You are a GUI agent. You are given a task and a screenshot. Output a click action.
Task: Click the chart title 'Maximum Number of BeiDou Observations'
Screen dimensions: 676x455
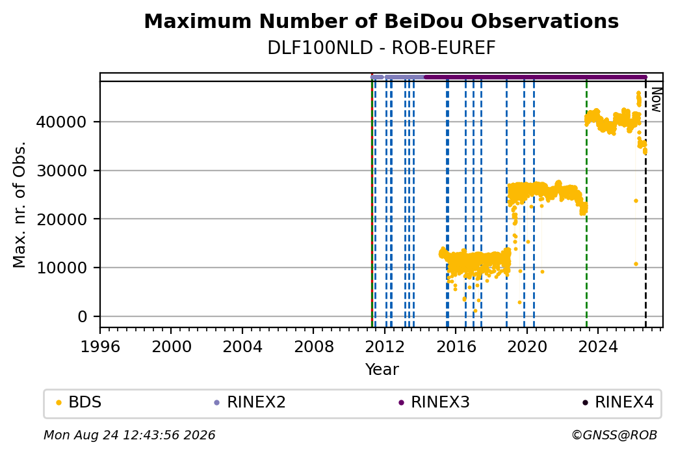point(381,21)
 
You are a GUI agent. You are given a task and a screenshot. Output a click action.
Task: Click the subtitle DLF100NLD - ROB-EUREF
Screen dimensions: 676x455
point(381,48)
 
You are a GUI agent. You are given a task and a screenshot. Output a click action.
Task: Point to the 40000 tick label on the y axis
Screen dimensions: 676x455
point(61,122)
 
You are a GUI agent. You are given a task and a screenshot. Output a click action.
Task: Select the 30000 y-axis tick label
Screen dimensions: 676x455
point(61,171)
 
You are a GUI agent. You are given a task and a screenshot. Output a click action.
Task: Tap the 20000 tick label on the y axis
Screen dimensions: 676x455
point(61,219)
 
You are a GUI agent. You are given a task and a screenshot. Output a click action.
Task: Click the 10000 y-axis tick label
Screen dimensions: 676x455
point(61,268)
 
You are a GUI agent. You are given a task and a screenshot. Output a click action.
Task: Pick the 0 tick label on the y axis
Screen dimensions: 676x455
point(83,317)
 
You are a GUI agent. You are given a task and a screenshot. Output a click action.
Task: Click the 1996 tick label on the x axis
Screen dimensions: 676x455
point(100,347)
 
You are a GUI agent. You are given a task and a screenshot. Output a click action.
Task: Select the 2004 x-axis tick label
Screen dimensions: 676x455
point(242,347)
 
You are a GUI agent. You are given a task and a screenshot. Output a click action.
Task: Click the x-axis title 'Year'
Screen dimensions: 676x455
point(382,370)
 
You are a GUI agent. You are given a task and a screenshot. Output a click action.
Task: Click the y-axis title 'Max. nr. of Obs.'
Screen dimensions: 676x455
point(19,204)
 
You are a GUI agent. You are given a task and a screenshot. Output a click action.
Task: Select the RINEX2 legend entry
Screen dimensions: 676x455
point(250,402)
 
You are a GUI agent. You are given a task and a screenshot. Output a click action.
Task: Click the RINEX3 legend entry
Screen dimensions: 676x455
point(434,402)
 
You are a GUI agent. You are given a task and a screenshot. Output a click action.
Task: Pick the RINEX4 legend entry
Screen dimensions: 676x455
point(618,402)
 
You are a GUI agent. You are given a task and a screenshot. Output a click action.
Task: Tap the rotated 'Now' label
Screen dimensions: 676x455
point(656,100)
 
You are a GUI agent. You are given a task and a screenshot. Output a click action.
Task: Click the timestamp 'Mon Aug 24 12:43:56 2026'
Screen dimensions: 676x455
point(129,435)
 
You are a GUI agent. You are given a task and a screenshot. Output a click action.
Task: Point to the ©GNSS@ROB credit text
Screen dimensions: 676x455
point(614,435)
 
